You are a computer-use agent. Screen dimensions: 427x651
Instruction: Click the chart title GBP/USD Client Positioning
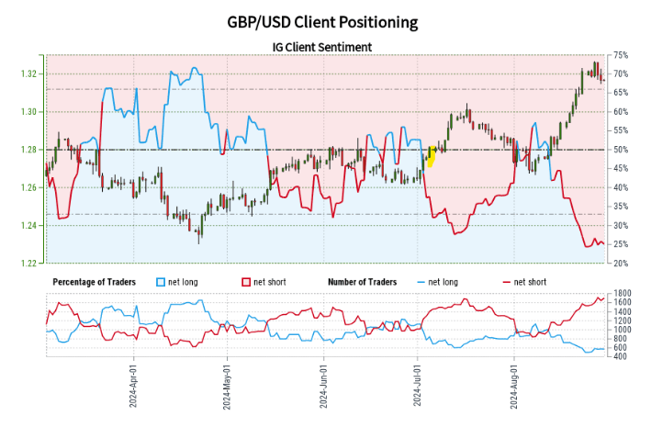point(325,21)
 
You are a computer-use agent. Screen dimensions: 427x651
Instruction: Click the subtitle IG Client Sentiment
point(325,46)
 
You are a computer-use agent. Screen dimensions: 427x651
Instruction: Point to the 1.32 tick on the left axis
point(31,73)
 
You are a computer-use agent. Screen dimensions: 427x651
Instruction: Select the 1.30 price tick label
point(31,112)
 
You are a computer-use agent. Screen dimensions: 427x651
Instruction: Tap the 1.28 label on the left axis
point(31,150)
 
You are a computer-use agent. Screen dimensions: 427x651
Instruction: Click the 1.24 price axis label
point(31,226)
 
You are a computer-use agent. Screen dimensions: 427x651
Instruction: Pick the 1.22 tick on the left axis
point(31,264)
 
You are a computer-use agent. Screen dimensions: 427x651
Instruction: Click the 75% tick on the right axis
point(621,55)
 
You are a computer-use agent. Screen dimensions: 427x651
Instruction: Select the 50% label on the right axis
point(621,150)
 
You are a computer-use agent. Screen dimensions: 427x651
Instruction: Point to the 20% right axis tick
point(621,264)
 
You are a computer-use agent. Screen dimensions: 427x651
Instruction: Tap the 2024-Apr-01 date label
point(134,388)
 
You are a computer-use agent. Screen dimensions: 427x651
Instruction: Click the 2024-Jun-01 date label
point(323,388)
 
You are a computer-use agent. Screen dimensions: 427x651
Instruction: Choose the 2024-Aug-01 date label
point(514,388)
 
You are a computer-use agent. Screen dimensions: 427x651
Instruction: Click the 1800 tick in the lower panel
point(622,293)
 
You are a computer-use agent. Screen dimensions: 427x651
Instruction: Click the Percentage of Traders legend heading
point(95,281)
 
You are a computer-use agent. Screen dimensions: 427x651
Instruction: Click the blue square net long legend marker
point(162,281)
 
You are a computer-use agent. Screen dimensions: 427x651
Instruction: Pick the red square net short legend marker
point(245,281)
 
